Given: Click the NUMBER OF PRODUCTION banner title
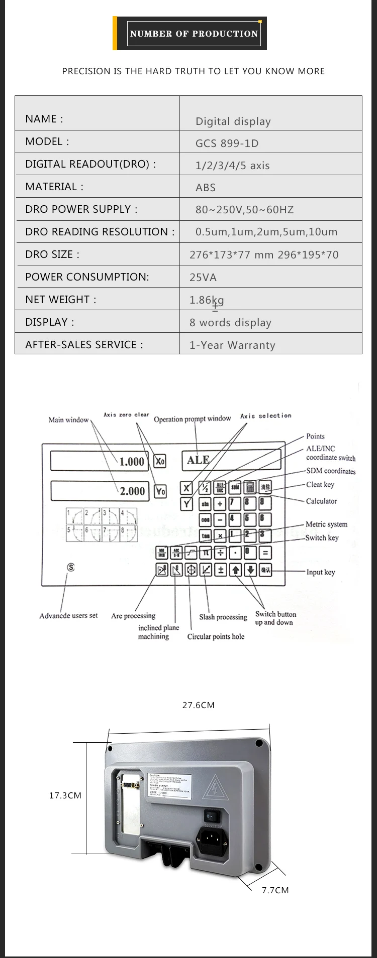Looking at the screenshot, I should [x=194, y=34].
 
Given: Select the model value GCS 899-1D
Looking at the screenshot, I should [x=227, y=144].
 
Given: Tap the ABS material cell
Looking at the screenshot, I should [x=206, y=188].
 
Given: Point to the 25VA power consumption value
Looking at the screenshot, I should [x=203, y=278].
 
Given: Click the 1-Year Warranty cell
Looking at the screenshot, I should [x=232, y=345].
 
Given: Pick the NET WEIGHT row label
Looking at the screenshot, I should [x=60, y=300].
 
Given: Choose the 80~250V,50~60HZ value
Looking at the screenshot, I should [x=244, y=210].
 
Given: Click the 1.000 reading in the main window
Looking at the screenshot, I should [x=132, y=462].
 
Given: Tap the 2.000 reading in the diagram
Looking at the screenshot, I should [x=132, y=491].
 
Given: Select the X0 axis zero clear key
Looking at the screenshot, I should [x=160, y=461].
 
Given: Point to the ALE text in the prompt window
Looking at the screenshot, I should [x=198, y=460].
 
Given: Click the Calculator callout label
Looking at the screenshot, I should [x=321, y=501].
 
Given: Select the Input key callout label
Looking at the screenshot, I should [x=321, y=572].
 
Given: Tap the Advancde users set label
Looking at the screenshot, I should [x=68, y=616].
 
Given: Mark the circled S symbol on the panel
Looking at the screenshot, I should [x=71, y=567].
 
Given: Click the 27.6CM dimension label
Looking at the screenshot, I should [x=198, y=705].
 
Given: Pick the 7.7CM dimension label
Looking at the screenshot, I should [x=275, y=890].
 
